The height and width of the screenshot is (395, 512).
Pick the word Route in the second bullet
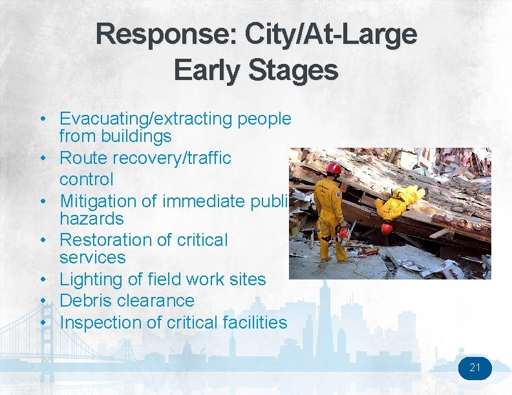[82, 158]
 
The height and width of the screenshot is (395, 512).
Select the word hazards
[91, 219]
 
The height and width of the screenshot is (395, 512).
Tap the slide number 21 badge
[475, 368]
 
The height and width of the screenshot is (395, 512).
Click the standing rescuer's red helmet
[334, 168]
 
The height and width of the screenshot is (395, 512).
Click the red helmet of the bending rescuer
[387, 228]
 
